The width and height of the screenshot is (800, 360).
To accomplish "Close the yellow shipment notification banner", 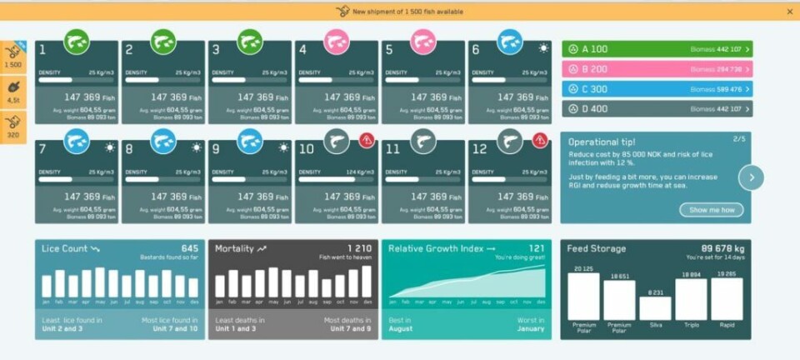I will pyautogui.click(x=789, y=12).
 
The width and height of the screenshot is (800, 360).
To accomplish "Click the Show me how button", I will pyautogui.click(x=711, y=210).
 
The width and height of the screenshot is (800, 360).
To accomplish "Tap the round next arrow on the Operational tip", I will pyautogui.click(x=751, y=177).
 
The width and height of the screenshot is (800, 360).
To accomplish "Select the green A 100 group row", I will pyautogui.click(x=657, y=49).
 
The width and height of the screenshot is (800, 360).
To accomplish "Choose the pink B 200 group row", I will pyautogui.click(x=657, y=69).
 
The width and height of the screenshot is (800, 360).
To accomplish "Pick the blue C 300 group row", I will pyautogui.click(x=657, y=89).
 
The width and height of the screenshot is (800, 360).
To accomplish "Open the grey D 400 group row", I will pyautogui.click(x=657, y=108).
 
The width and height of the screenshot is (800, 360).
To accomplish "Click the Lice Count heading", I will pyautogui.click(x=66, y=248).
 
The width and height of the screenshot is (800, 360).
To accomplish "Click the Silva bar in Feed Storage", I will pyautogui.click(x=655, y=307).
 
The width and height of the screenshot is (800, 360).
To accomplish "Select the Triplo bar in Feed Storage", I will pyautogui.click(x=691, y=298).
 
